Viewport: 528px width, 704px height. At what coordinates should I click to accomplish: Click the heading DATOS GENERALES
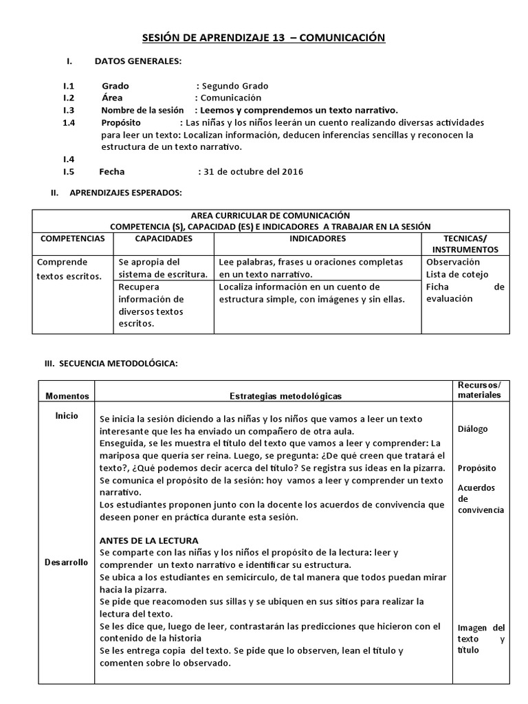[138, 61]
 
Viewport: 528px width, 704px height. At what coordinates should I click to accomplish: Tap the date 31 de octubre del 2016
[251, 171]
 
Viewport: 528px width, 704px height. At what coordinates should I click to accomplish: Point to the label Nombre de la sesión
[143, 110]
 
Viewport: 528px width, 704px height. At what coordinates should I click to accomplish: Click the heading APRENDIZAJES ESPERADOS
[126, 193]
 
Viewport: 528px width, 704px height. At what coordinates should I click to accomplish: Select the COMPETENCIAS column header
[72, 239]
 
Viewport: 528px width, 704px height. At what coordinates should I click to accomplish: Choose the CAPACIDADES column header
[163, 239]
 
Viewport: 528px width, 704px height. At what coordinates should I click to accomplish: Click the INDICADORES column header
[318, 239]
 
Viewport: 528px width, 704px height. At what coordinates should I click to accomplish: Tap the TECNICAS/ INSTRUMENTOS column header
[465, 243]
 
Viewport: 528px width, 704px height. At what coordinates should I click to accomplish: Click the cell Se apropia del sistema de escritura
[163, 268]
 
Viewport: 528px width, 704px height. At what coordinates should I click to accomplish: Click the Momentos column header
[67, 396]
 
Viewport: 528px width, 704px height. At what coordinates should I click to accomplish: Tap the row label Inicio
[67, 416]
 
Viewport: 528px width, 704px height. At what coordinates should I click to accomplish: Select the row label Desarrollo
[67, 562]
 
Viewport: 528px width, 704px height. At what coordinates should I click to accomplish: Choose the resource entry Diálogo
[472, 429]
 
